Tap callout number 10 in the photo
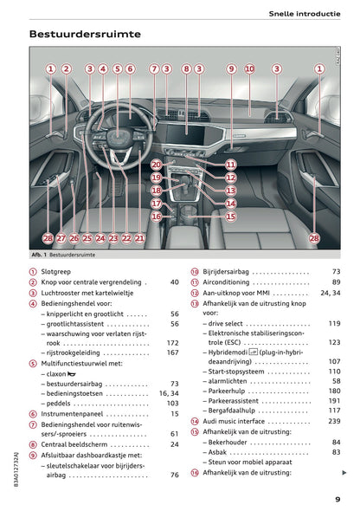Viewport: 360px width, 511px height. [x=249, y=68]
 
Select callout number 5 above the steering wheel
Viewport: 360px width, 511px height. [x=117, y=68]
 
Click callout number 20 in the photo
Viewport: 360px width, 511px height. [x=156, y=164]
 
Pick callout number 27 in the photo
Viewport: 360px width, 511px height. [x=61, y=236]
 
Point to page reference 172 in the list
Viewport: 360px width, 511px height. [x=172, y=343]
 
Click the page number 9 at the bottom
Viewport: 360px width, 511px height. [x=337, y=499]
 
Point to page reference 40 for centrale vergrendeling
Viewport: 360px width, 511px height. [x=174, y=282]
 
